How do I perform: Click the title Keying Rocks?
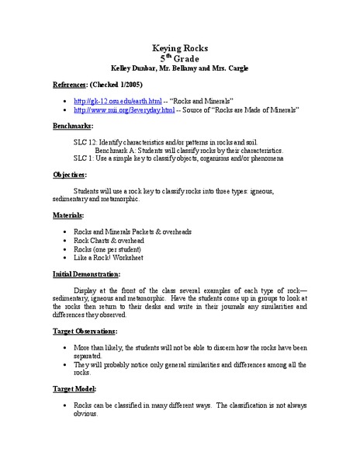point(179,48)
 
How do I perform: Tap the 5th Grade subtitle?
point(179,59)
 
